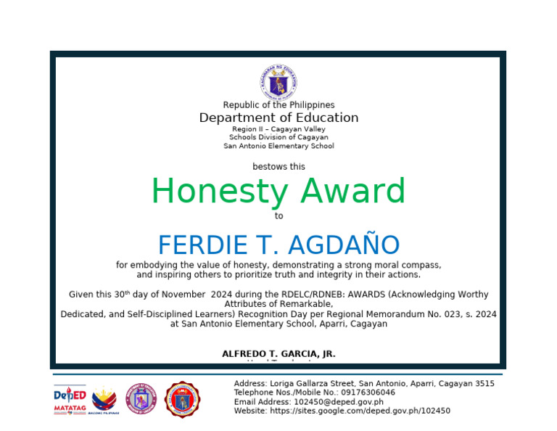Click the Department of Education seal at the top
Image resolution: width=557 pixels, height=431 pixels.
click(278, 82)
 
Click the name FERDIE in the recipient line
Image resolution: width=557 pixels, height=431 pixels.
click(191, 245)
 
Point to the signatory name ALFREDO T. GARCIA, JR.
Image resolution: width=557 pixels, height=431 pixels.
click(278, 354)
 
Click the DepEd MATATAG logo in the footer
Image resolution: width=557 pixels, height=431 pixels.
click(70, 400)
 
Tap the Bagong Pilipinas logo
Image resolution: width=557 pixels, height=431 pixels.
click(104, 400)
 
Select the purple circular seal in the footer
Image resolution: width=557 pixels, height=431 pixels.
click(141, 400)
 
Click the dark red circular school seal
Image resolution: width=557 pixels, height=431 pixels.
click(183, 400)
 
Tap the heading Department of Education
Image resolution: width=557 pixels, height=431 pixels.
click(278, 118)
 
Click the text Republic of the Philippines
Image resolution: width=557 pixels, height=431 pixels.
click(278, 105)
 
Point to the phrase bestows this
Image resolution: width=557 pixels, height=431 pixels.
click(278, 167)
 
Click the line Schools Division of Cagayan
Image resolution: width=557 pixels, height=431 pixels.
click(278, 137)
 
